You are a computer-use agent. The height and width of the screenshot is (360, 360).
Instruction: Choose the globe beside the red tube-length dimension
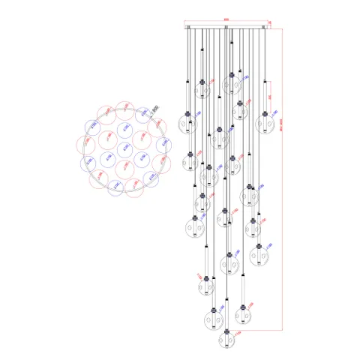(209, 315)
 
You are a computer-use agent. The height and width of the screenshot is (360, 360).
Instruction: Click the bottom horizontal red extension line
(255, 329)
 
